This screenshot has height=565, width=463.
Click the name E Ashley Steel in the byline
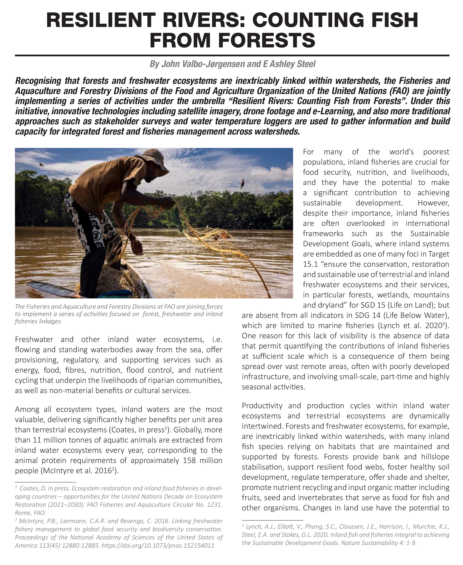coord(289,64)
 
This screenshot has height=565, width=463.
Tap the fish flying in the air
coord(242,183)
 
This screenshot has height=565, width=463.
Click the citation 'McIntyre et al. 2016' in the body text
coord(76,471)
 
